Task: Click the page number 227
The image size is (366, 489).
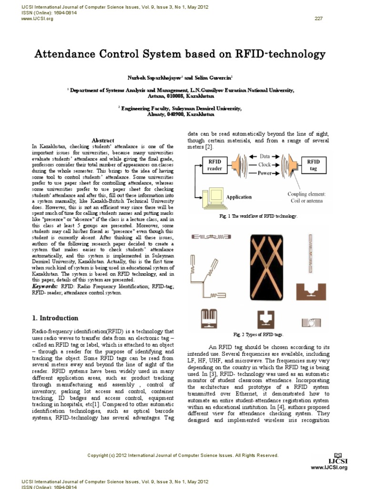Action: tap(319, 18)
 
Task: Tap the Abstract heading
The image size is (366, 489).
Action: tap(102, 140)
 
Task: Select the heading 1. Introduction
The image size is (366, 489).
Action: tap(55, 318)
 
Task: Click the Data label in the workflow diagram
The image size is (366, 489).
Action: tap(265, 156)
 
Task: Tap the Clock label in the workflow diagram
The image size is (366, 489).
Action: tap(265, 164)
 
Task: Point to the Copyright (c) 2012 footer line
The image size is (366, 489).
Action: tap(183, 456)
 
